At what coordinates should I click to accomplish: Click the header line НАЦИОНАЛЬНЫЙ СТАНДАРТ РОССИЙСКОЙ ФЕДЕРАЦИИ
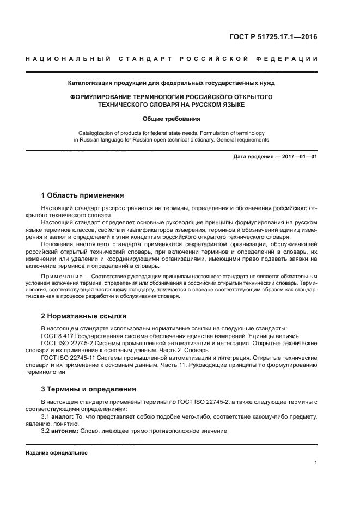(x=172, y=59)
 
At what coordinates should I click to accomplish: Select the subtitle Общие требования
(x=172, y=119)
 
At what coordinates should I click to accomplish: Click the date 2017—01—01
(x=298, y=157)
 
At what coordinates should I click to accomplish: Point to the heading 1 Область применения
(x=83, y=195)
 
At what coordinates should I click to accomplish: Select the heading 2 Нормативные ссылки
(x=84, y=316)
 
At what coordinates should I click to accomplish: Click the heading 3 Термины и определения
(x=89, y=389)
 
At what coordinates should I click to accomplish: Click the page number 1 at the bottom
(x=315, y=463)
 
